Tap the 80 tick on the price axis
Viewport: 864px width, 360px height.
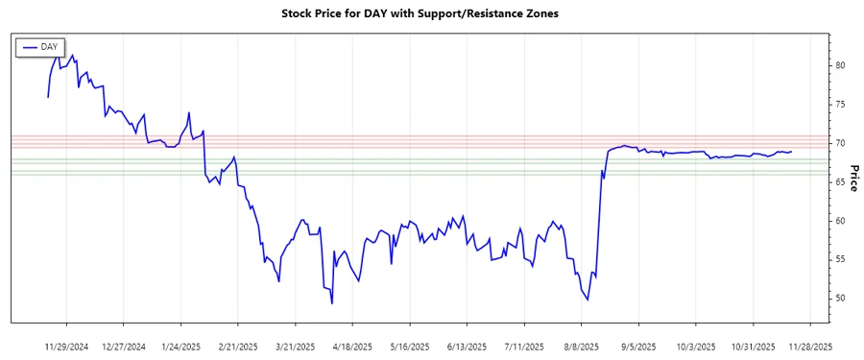pyautogui.click(x=840, y=65)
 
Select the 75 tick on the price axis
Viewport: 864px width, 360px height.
pyautogui.click(x=840, y=105)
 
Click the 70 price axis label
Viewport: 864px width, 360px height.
pyautogui.click(x=840, y=143)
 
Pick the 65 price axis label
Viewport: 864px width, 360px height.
pyautogui.click(x=840, y=182)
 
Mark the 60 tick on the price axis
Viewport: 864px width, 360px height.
pyautogui.click(x=840, y=221)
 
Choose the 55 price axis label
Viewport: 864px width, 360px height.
pyautogui.click(x=840, y=260)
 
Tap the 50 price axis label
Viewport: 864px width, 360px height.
pyautogui.click(x=840, y=299)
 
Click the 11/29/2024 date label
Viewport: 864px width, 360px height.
pyautogui.click(x=66, y=346)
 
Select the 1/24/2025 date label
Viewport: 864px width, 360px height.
pyautogui.click(x=180, y=346)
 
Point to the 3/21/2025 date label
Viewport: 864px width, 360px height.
pyautogui.click(x=295, y=346)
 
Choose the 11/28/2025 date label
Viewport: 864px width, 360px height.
pyautogui.click(x=810, y=346)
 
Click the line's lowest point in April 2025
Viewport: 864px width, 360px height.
pyautogui.click(x=332, y=303)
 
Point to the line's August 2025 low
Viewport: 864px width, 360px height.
pyautogui.click(x=588, y=300)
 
